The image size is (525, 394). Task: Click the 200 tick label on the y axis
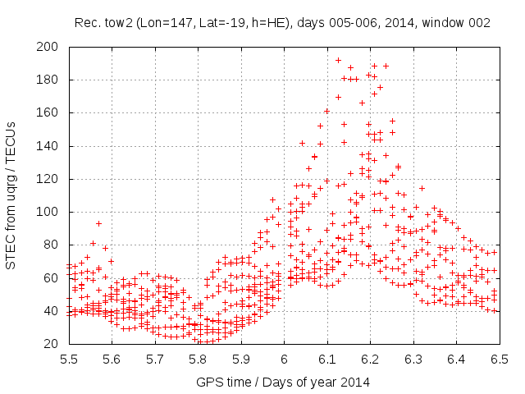click(x=48, y=47)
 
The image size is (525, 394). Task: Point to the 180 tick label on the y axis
click(x=48, y=80)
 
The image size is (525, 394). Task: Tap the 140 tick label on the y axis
click(x=48, y=146)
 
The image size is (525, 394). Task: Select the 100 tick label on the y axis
click(x=48, y=212)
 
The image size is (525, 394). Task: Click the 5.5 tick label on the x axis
click(x=68, y=359)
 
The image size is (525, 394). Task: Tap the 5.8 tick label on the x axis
click(x=198, y=359)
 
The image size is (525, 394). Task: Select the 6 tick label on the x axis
click(x=284, y=359)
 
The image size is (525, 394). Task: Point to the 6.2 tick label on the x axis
click(x=370, y=359)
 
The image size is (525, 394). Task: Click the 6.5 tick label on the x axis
click(x=499, y=359)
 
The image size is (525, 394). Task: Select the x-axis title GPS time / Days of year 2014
click(x=284, y=382)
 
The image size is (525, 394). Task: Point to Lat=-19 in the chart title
click(x=212, y=23)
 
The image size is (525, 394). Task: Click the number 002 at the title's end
click(x=479, y=23)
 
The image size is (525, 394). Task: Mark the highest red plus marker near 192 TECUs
click(x=338, y=60)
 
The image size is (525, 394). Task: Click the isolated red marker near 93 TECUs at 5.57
click(x=98, y=223)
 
